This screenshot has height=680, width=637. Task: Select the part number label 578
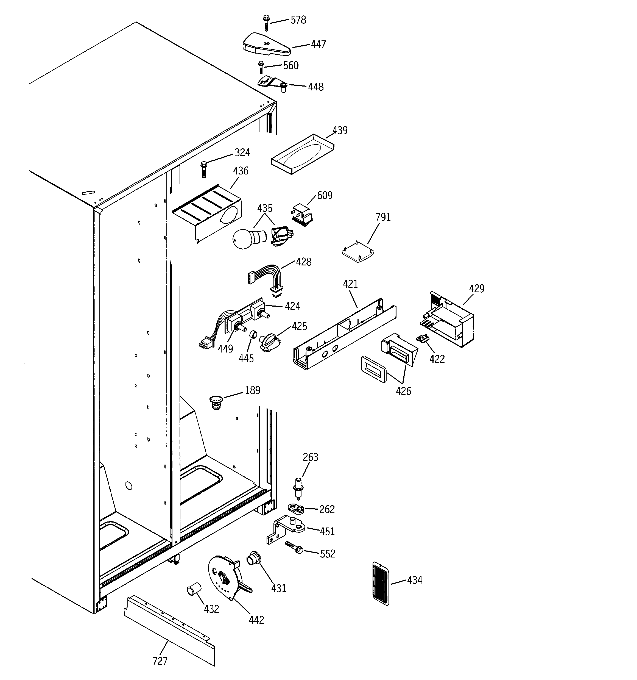(298, 20)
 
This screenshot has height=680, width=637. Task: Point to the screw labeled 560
(261, 67)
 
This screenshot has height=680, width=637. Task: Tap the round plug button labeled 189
(216, 402)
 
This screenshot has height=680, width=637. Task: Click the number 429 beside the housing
(476, 289)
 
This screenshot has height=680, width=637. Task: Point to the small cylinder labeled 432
(194, 590)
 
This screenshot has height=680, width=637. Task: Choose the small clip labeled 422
(423, 338)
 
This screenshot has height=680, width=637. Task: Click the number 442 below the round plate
(256, 620)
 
